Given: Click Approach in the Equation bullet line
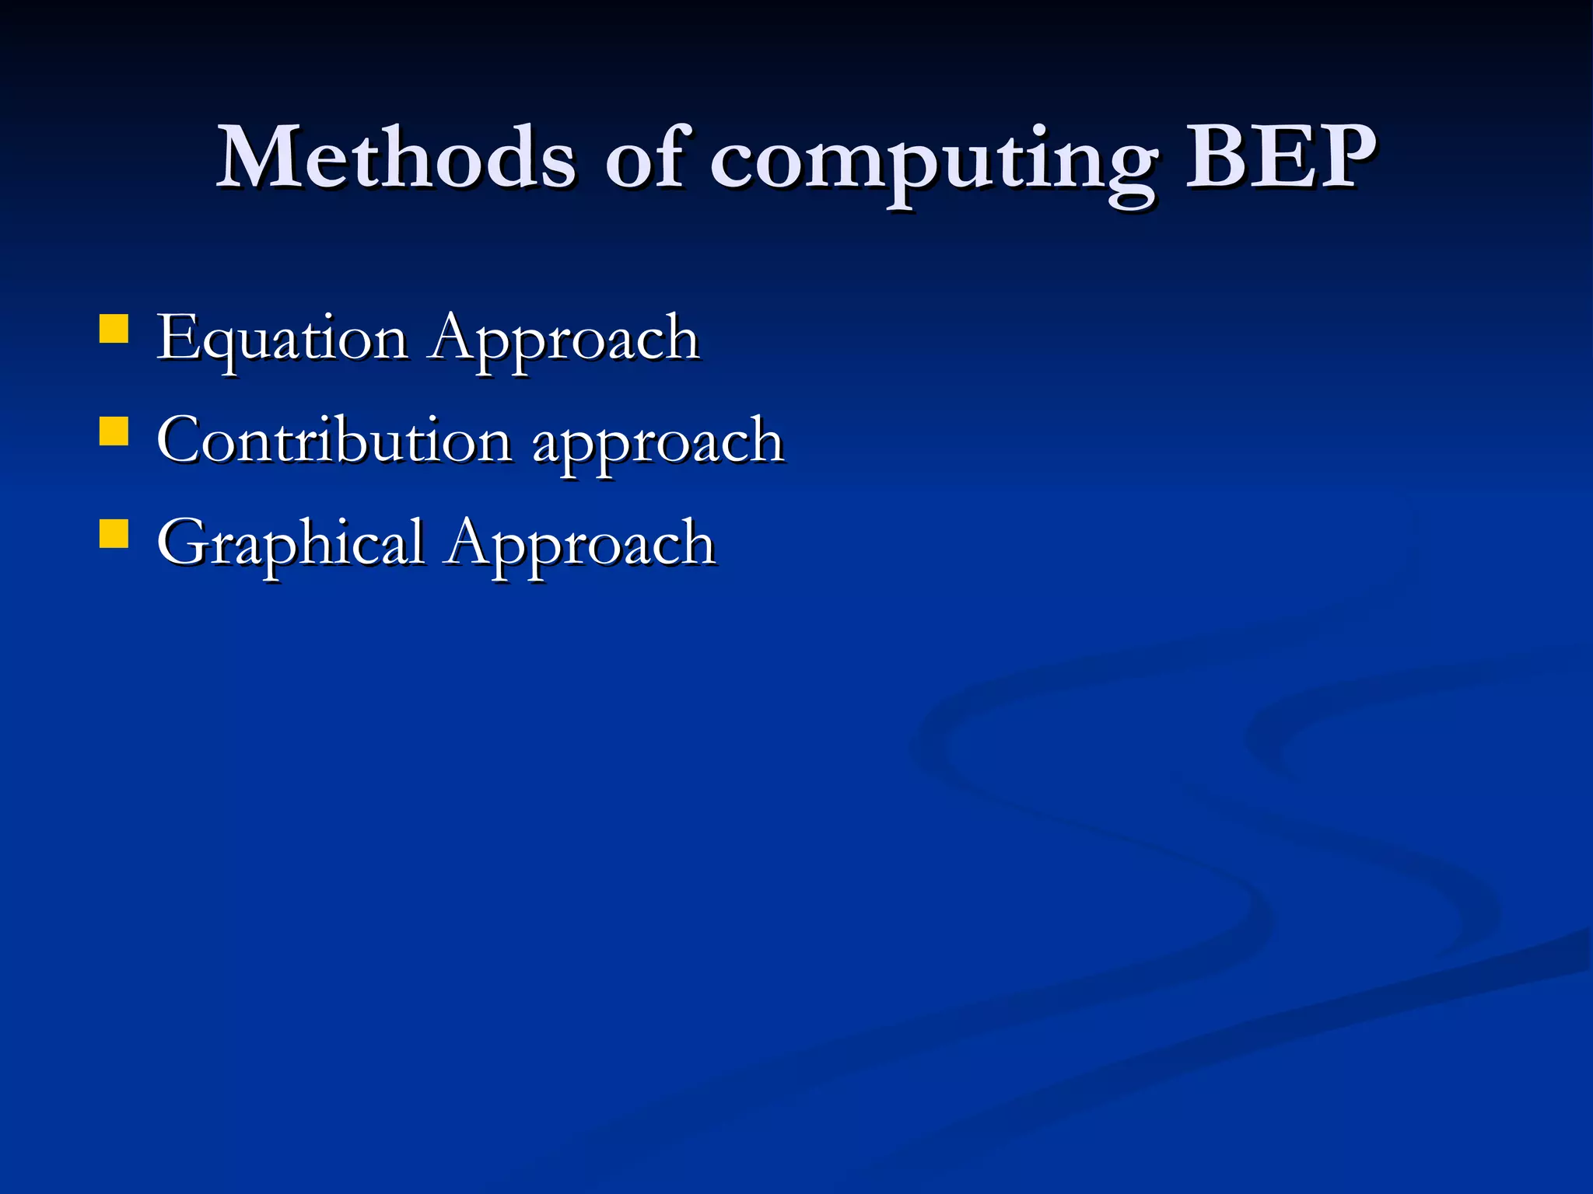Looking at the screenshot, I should [x=565, y=340].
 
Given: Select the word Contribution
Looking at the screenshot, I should [x=334, y=441].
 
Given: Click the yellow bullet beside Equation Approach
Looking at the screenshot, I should [x=114, y=328].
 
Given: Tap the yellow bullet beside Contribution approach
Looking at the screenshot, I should [x=114, y=431].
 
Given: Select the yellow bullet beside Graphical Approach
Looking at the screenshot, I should [x=114, y=534].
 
